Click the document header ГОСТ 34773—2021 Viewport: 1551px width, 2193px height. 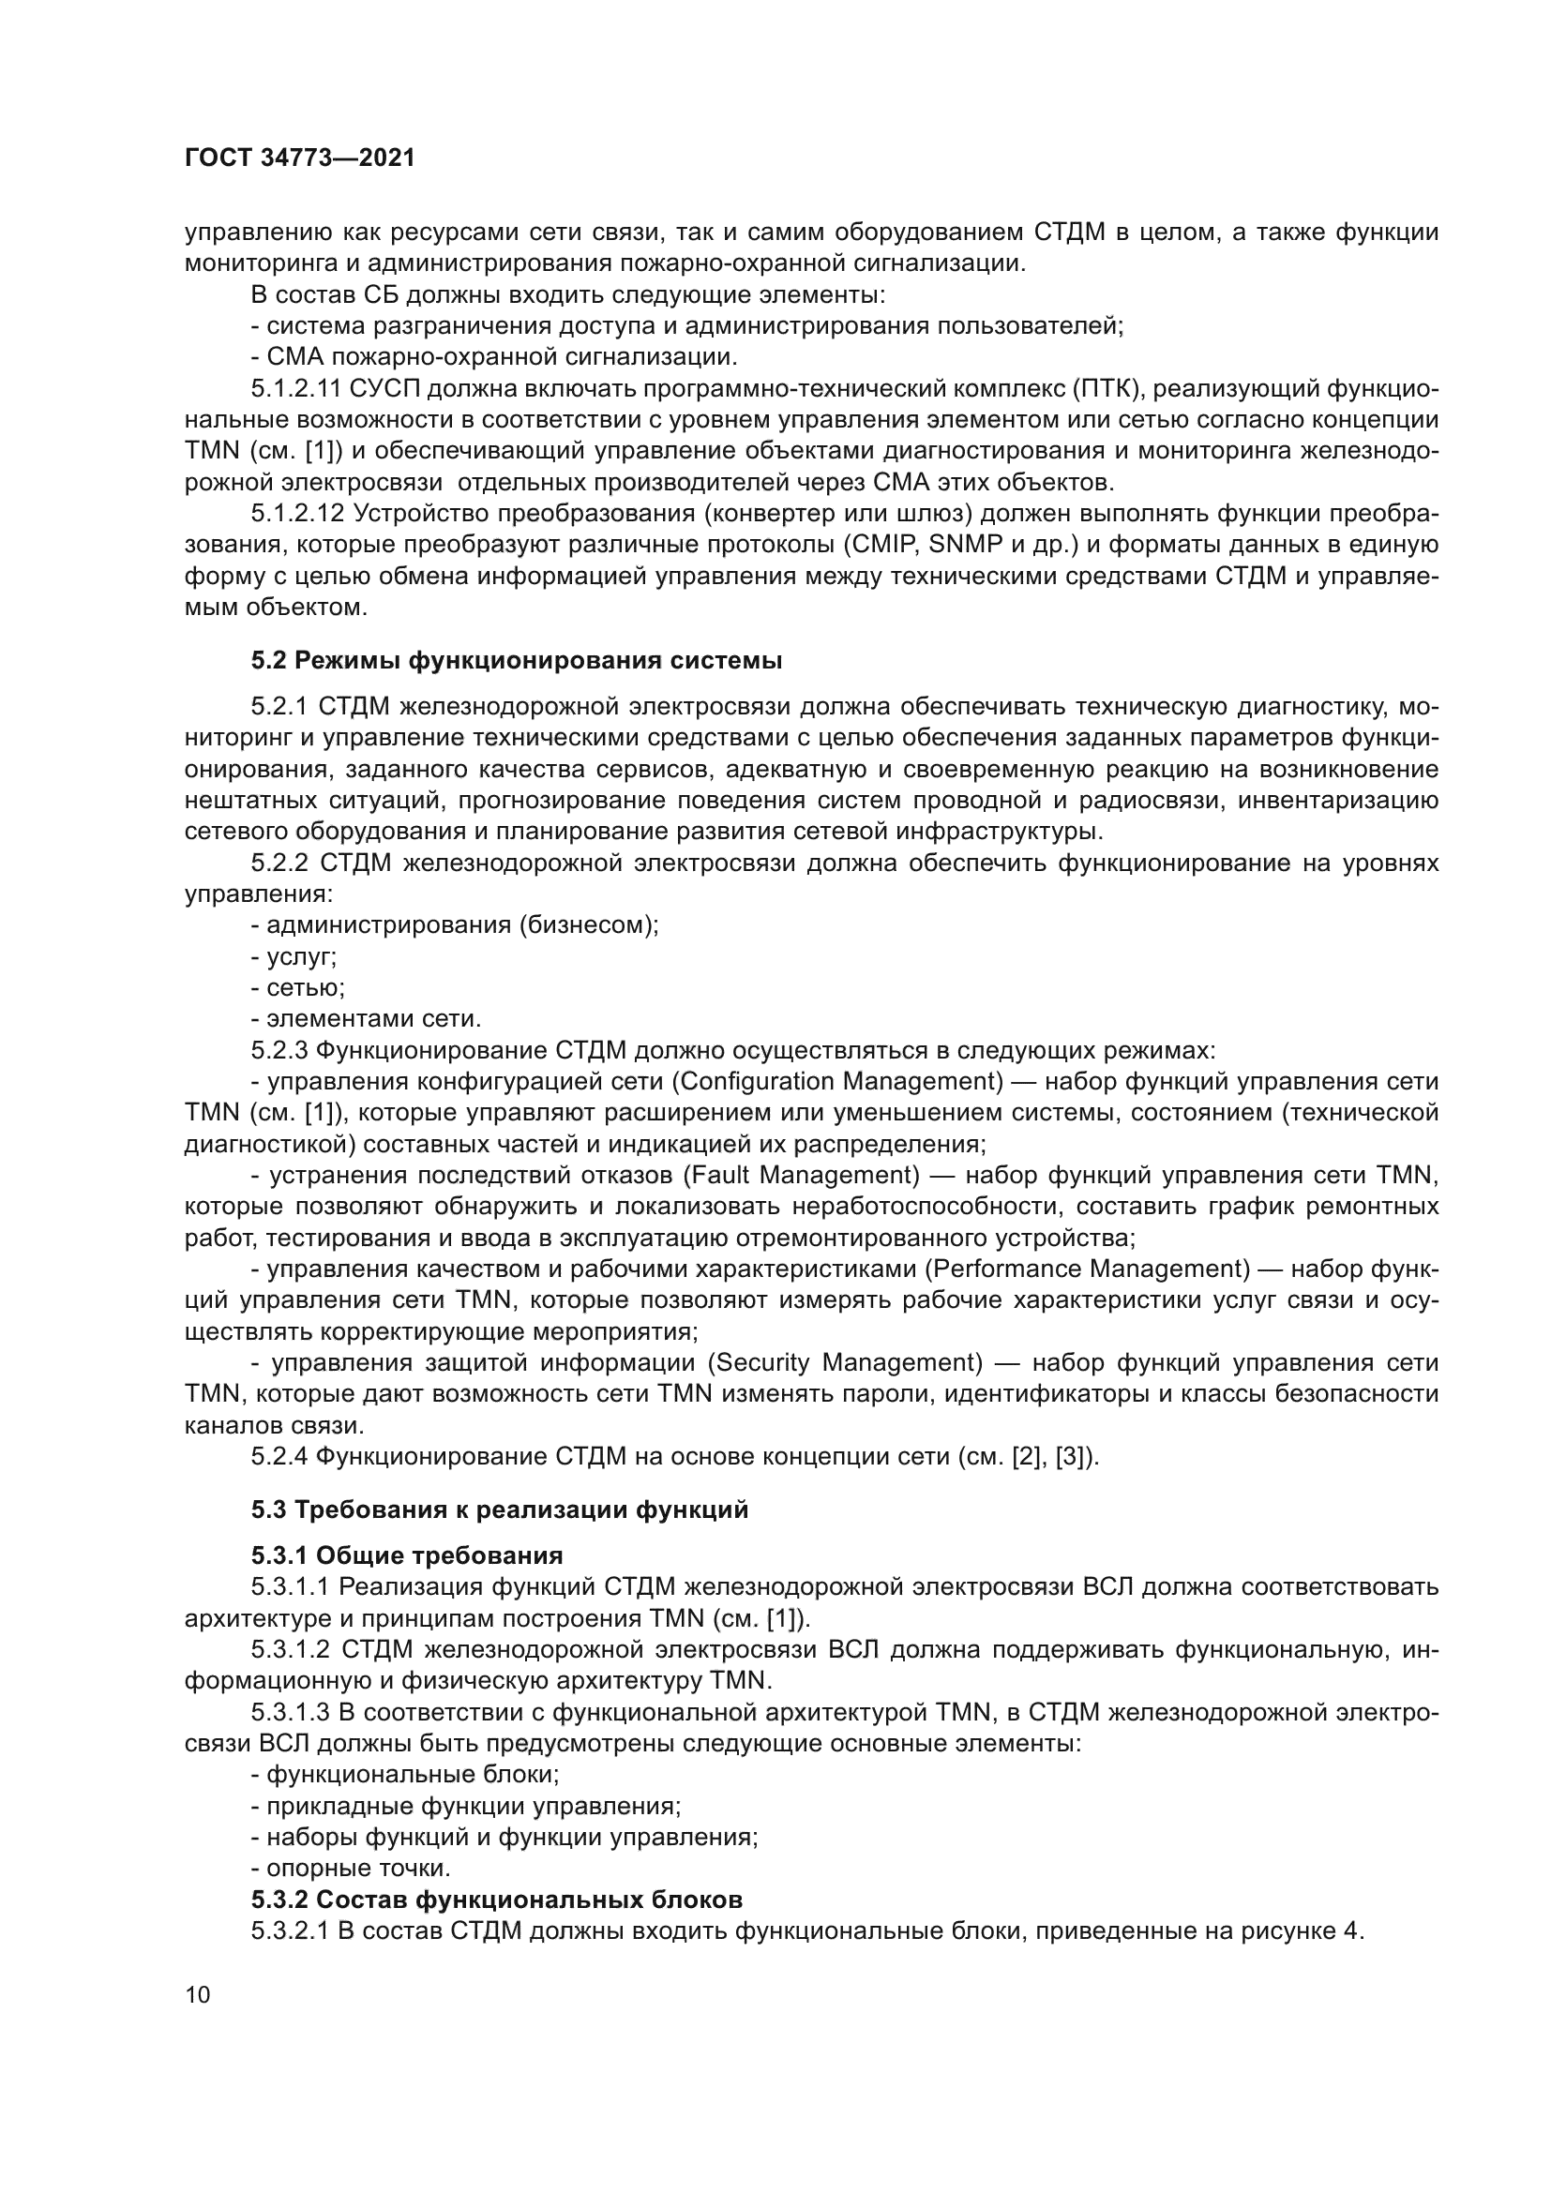(300, 158)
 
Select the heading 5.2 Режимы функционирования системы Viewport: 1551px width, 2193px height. (517, 660)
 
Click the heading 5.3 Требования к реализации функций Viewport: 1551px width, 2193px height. (500, 1510)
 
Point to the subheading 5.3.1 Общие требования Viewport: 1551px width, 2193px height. (407, 1556)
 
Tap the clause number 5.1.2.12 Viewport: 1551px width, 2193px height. (297, 514)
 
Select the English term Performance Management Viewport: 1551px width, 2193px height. (1086, 1269)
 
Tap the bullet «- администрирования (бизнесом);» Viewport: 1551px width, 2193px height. (455, 925)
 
